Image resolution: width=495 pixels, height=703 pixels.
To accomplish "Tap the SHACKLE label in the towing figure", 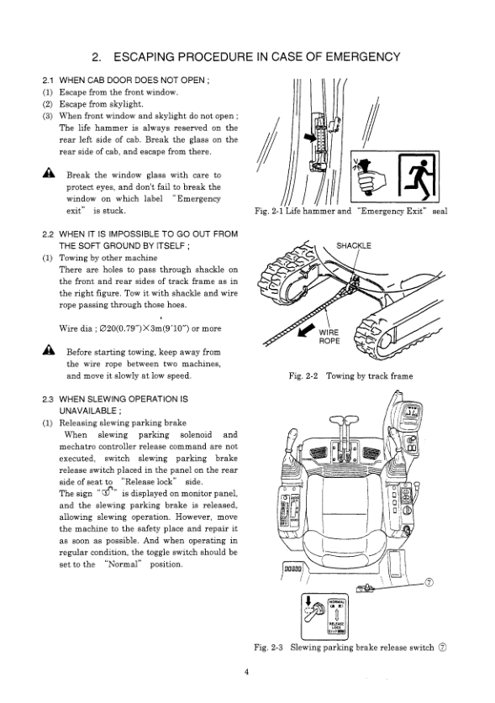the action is (354, 246).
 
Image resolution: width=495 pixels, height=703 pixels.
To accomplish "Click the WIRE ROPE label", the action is (329, 337).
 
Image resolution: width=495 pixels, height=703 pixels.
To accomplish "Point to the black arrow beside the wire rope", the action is (307, 330).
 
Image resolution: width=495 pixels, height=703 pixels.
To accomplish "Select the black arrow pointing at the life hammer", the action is (310, 138).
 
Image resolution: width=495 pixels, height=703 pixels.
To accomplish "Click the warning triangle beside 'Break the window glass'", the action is (49, 173).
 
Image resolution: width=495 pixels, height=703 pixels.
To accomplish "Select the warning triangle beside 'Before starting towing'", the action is (49, 349).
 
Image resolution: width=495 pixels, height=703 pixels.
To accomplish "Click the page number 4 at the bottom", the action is (246, 672).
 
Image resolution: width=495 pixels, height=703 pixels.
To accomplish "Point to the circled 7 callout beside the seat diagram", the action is (429, 582).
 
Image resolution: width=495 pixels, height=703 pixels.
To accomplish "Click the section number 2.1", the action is (48, 81).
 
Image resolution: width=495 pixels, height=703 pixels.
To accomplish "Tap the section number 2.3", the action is (48, 399).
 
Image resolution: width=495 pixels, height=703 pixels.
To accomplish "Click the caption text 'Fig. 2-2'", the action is (303, 376).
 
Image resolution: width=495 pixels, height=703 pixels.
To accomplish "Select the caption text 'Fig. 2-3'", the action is (268, 648).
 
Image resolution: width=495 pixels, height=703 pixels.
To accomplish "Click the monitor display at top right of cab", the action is (411, 412).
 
